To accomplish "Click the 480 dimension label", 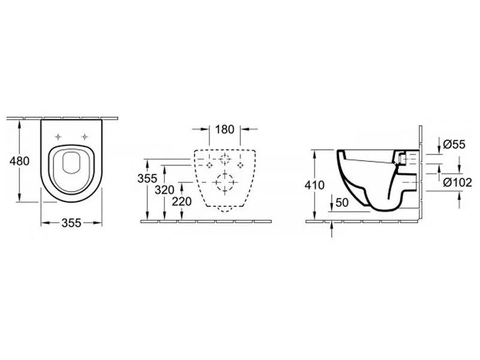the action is (20, 161).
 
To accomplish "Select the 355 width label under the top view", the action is (71, 223).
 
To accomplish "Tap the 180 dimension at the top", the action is (224, 129).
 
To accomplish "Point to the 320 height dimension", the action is (164, 190).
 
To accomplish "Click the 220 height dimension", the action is (182, 202).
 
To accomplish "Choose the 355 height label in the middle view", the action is (147, 178).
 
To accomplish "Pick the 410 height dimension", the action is (314, 185).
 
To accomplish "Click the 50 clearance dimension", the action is (342, 202).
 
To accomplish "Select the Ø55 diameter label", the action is (454, 144).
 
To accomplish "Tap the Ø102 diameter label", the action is (458, 183).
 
